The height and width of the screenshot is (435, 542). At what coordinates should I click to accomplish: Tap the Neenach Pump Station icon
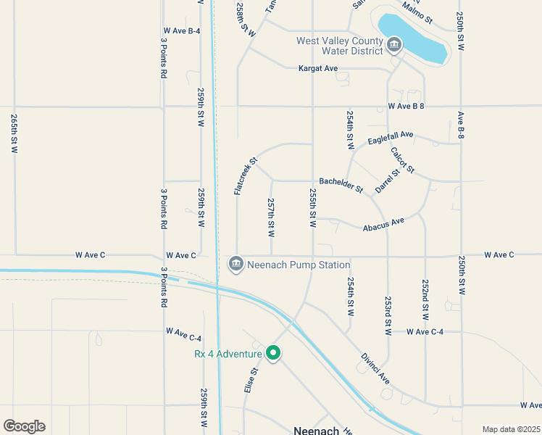235,265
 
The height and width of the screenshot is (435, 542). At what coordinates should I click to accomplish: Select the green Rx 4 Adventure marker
273,353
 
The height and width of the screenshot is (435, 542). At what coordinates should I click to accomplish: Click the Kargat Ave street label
319,69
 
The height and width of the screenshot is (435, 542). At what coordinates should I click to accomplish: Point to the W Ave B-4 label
182,30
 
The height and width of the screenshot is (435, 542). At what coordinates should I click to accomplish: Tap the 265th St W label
14,133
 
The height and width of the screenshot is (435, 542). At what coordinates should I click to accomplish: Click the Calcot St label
402,160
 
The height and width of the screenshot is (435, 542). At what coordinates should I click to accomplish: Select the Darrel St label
388,182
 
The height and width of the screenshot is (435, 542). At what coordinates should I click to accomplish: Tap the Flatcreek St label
246,176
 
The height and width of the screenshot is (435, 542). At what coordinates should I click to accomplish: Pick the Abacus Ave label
383,225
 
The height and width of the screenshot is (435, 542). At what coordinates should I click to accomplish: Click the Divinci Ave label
375,369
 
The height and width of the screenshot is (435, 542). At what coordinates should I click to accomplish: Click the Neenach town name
317,430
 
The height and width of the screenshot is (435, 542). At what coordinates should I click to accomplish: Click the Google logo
24,426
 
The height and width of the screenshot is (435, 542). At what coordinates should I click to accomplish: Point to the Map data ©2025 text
511,429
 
